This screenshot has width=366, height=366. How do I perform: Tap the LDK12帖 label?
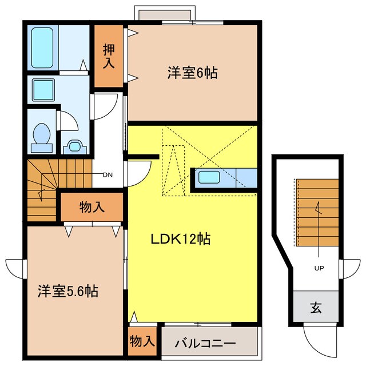click(x=180, y=239)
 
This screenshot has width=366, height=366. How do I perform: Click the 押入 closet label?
click(x=109, y=55)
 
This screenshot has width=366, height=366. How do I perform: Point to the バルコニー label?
click(x=205, y=344)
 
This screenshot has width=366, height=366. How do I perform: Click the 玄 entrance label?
click(x=316, y=308)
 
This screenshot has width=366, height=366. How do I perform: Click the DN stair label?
click(x=107, y=176)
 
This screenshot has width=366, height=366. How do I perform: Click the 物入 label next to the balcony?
click(x=142, y=342)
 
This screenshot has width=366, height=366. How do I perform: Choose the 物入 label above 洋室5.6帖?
click(x=91, y=207)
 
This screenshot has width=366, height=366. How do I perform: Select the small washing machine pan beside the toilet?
click(x=73, y=146)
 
